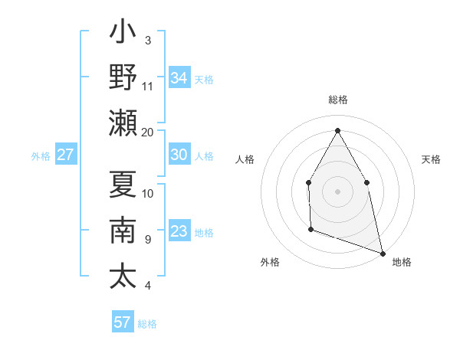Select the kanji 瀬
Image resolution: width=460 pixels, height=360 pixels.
(123, 123)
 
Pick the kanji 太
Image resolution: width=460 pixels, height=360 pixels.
(123, 277)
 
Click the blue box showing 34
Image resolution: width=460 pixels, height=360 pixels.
(179, 78)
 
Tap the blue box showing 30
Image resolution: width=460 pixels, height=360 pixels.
(179, 155)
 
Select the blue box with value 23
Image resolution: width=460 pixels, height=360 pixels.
(179, 231)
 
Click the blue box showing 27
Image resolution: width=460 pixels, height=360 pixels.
(66, 155)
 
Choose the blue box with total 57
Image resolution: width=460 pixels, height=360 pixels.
(123, 322)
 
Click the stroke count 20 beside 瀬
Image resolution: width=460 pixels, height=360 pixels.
(148, 132)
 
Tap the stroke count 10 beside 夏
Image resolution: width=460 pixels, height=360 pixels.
(148, 193)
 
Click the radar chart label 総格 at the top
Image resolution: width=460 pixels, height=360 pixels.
(337, 100)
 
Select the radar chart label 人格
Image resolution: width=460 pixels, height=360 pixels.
(245, 159)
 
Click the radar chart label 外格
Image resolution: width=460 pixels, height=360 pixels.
(270, 262)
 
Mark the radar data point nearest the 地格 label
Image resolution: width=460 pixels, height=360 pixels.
(382, 252)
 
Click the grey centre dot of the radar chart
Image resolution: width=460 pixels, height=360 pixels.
(337, 191)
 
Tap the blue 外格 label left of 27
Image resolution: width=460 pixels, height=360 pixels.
(41, 155)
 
